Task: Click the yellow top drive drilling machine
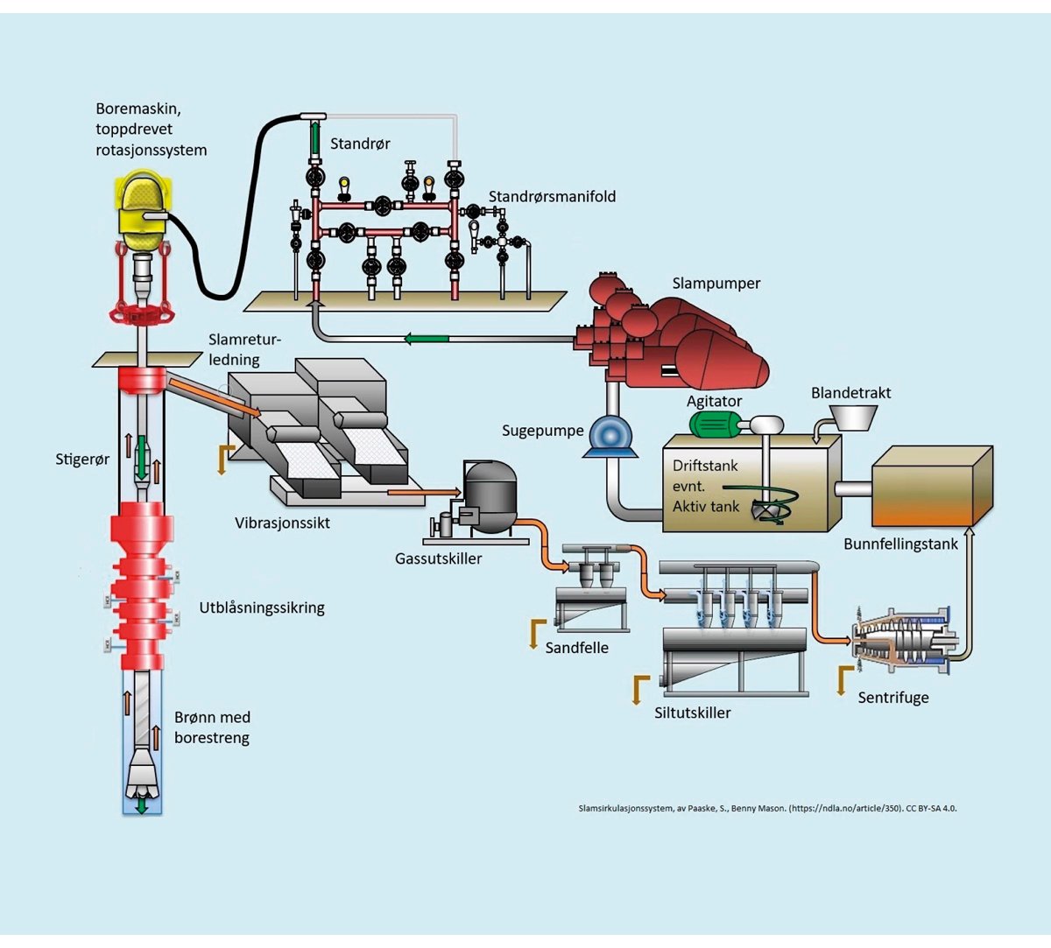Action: (x=143, y=210)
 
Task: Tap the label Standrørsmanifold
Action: (x=552, y=197)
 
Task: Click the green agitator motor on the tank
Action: (x=716, y=425)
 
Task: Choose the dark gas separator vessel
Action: (x=490, y=497)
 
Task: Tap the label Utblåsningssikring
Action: (x=262, y=607)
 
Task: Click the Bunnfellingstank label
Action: (x=900, y=544)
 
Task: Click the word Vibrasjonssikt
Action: (x=282, y=523)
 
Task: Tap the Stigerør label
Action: (x=82, y=459)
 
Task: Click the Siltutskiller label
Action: (x=692, y=713)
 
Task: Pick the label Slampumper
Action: (x=716, y=284)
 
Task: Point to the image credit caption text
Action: (x=767, y=809)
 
